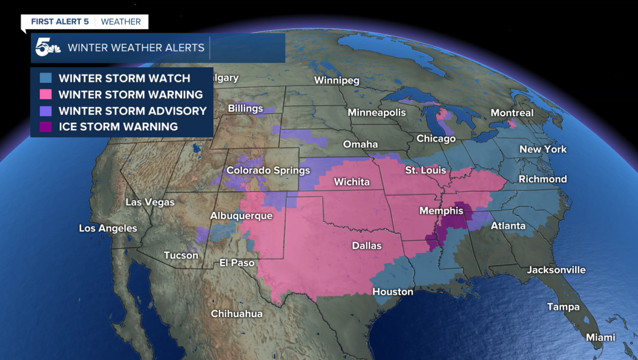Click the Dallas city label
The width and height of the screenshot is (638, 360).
point(366,246)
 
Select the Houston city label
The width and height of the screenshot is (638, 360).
point(393,292)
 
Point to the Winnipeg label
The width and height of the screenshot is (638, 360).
point(336,81)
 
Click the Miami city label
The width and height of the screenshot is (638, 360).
point(600,338)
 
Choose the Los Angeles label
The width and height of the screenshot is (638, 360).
point(108,228)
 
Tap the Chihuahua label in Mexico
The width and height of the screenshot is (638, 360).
point(236,314)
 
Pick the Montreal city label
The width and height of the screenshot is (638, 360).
point(512,113)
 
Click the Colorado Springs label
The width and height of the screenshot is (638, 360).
point(268,171)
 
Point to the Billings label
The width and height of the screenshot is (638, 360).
point(245,108)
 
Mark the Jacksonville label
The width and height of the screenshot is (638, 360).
point(556,270)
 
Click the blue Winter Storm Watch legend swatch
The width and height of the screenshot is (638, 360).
point(46,78)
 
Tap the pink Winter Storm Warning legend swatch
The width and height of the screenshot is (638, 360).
point(46,94)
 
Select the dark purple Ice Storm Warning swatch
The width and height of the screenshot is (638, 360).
point(46,127)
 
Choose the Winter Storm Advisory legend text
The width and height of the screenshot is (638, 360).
point(133,111)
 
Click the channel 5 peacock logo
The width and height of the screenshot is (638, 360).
point(47,48)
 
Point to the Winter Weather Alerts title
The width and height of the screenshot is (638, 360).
point(136,48)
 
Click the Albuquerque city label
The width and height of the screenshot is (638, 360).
point(241,216)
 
